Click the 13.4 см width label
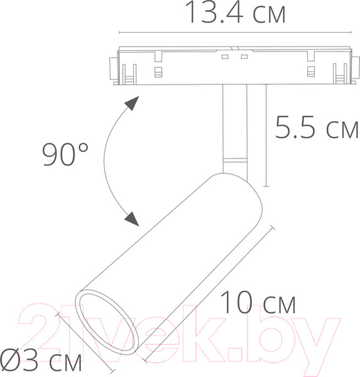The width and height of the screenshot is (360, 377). click(x=236, y=13)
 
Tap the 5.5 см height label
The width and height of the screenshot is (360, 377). click(x=315, y=129)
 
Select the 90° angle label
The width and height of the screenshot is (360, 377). click(x=65, y=153)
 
